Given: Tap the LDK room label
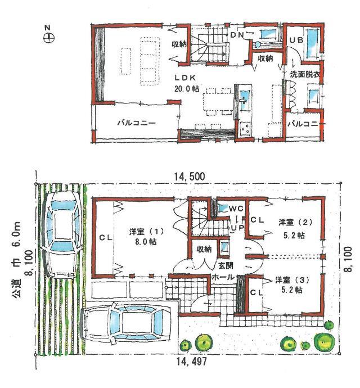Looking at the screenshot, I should tap(184, 78).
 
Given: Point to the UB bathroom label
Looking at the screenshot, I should tap(296, 40).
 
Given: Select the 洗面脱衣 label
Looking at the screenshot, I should tap(305, 74).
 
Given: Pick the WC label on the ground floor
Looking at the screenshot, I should tap(236, 209).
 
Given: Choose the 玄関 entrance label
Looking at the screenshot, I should tap(223, 265).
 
